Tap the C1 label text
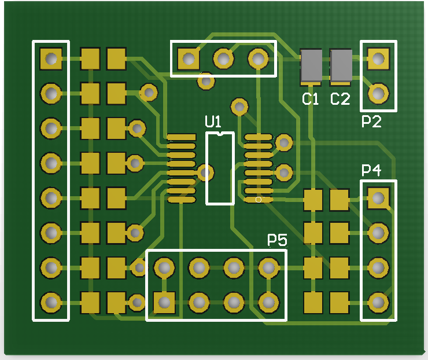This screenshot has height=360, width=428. point(311,99)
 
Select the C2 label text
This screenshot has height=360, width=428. point(340,99)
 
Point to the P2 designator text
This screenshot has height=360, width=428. point(371,122)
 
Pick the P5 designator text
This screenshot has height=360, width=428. point(277,240)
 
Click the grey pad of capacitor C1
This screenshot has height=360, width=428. point(311,65)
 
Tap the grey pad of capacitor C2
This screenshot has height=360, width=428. point(341,65)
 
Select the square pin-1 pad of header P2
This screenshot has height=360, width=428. point(378,58)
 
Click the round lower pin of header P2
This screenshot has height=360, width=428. point(378,93)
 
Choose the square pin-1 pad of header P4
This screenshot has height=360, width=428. point(378,199)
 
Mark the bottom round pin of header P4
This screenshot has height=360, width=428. point(378,302)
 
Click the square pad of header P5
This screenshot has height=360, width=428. point(165,302)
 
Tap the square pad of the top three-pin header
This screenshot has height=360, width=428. point(189,58)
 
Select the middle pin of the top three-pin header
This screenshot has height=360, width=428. point(223,58)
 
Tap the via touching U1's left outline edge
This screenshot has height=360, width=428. point(206,172)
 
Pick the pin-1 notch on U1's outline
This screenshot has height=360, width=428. point(220,135)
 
